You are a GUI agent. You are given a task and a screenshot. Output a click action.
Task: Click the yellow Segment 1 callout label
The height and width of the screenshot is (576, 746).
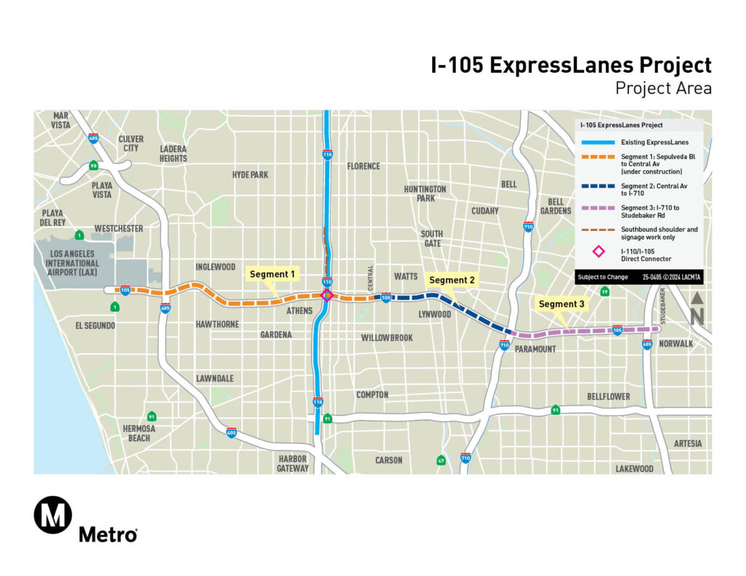click(x=273, y=275)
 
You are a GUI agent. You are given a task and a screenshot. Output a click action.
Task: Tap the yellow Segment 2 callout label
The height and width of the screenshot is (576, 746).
click(x=452, y=280)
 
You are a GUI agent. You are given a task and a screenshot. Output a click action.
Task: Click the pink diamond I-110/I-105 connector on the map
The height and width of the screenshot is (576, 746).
click(x=327, y=295)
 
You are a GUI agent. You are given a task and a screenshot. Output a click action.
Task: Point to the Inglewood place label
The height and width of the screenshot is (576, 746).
click(x=216, y=267)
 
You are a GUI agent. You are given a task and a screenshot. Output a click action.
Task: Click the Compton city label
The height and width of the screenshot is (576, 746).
click(x=372, y=395)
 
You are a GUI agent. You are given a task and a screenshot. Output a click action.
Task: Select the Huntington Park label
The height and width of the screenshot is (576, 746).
click(x=425, y=194)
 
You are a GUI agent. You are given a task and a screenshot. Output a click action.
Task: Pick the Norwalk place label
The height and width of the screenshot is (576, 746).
click(x=675, y=344)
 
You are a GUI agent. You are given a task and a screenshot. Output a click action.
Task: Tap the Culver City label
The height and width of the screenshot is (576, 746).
click(x=130, y=143)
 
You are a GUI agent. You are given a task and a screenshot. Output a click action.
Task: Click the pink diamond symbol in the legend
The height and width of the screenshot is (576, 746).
click(x=598, y=251)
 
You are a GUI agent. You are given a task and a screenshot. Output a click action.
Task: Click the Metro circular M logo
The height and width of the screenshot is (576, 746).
click(x=53, y=515)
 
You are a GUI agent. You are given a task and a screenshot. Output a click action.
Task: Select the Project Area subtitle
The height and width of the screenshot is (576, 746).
click(x=662, y=89)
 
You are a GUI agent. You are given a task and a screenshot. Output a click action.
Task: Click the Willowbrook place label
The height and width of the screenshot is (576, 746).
click(x=387, y=338)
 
